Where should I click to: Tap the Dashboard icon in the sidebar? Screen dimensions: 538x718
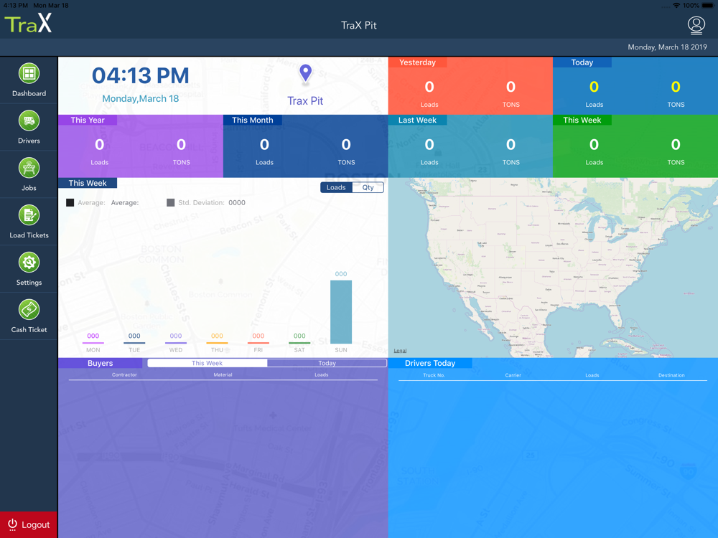29,74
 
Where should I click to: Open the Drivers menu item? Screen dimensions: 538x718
29,121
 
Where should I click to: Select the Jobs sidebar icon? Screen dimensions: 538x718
29,169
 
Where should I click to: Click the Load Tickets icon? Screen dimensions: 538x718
29,216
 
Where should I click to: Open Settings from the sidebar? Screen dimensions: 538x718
29,263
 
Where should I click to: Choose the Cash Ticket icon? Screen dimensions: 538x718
29,311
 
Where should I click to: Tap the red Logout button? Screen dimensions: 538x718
29,524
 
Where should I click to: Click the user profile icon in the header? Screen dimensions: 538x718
696,25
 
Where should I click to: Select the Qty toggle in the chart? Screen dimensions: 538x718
368,188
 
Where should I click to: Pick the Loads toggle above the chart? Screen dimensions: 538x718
336,188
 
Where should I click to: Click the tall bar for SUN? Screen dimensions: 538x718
341,312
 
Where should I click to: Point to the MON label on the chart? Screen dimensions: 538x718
93,350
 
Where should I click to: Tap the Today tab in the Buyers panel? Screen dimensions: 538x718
327,364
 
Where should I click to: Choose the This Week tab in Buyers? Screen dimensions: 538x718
207,364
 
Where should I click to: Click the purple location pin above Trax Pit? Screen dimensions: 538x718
305,73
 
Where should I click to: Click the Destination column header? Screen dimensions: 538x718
671,375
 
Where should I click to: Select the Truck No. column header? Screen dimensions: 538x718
434,375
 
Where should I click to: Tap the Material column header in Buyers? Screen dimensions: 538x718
223,375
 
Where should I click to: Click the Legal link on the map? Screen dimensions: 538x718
400,351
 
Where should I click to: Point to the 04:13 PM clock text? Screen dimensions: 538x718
141,75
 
